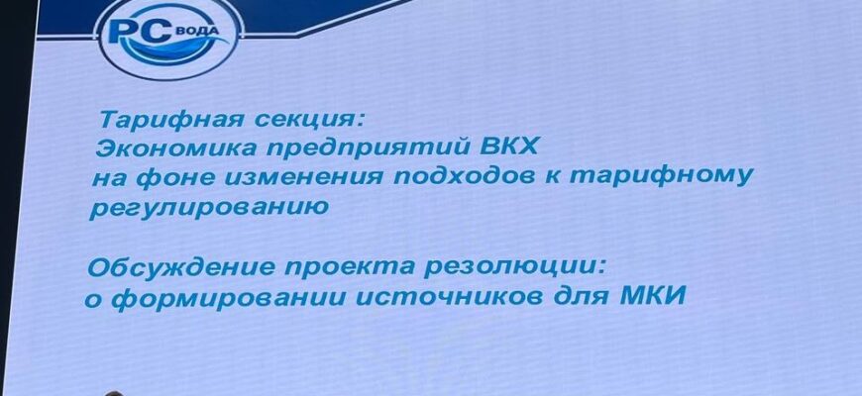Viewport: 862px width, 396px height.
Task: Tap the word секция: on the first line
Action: point(308,120)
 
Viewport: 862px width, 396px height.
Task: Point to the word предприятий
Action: point(362,148)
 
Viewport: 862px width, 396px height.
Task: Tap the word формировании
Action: point(224,298)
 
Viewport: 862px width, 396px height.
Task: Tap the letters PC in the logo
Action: point(144,32)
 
